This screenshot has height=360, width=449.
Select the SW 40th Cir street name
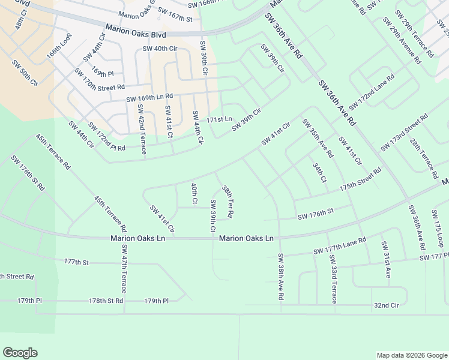[x=160, y=48]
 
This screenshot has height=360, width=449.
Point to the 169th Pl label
[x=103, y=73]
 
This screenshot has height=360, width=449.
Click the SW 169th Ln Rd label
[x=149, y=97]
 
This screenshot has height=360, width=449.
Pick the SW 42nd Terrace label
[x=142, y=129]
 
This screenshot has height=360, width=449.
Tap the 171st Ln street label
[x=219, y=119]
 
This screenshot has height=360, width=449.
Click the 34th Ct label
[x=319, y=172]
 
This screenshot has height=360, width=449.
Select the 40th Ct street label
[x=194, y=194]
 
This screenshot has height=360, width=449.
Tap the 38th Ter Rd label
[x=228, y=200]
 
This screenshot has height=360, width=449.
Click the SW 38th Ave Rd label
[x=280, y=277]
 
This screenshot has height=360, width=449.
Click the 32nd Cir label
[x=386, y=305]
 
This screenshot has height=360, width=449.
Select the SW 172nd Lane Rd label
[x=372, y=92]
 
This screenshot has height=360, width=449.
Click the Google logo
[x=20, y=353]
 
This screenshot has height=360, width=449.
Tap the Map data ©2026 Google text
[x=411, y=355]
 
